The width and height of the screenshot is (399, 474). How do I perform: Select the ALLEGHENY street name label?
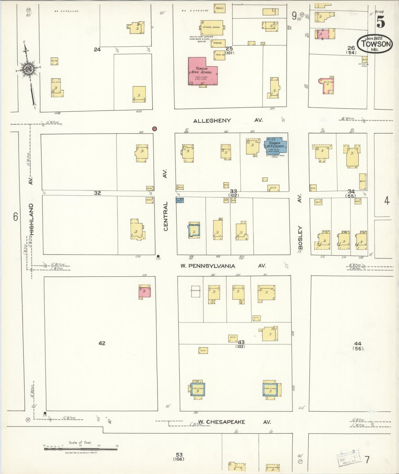tap(212, 121)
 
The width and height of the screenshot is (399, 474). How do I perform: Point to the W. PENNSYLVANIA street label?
tap(208, 266)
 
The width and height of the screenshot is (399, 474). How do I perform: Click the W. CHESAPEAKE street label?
tap(222, 422)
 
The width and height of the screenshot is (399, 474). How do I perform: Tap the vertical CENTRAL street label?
tap(166, 216)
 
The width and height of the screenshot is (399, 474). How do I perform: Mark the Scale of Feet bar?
tap(80, 449)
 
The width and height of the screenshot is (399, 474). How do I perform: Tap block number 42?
tap(102, 343)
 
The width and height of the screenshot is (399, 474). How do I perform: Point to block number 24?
tap(97, 50)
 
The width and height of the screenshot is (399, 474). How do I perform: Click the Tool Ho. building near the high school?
tap(220, 55)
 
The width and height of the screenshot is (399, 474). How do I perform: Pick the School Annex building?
tap(212, 27)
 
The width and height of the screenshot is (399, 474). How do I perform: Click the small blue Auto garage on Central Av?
tap(180, 200)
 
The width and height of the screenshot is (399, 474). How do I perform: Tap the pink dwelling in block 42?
tap(145, 292)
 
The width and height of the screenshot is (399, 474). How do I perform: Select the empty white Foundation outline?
tap(195, 291)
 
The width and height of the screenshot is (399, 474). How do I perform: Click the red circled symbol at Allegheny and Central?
tap(155, 129)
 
